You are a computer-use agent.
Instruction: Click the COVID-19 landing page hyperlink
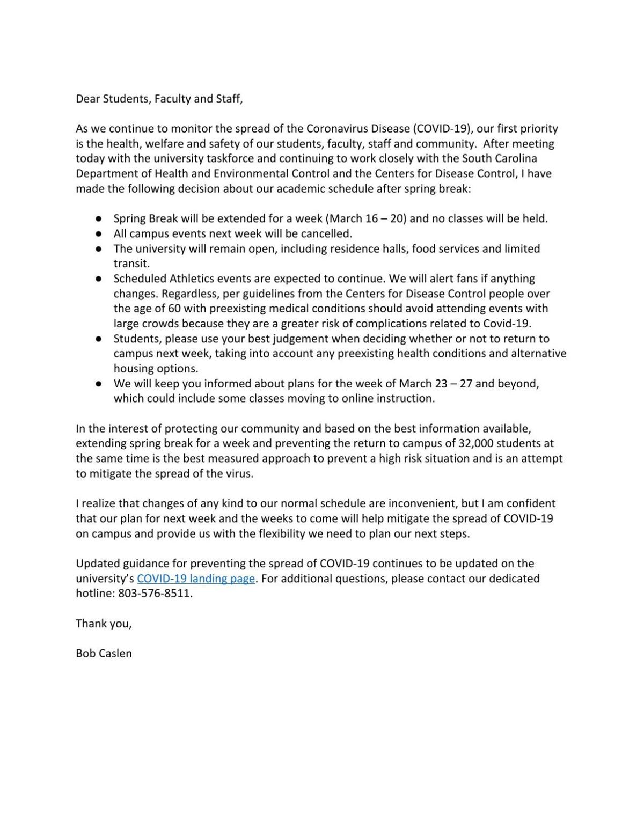tap(196, 579)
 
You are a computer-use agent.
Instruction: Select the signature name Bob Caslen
tap(104, 654)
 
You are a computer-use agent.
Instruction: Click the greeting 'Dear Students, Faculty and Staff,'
tap(159, 99)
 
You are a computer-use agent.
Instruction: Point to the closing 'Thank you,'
tap(104, 624)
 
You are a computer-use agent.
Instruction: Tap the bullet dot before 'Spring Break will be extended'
tap(99, 219)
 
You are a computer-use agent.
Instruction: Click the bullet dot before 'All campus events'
tap(99, 234)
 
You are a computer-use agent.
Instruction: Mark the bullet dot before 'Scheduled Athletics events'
tap(99, 279)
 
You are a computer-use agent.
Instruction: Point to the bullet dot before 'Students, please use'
tap(99, 339)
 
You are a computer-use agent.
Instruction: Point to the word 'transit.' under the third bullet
tap(131, 264)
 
